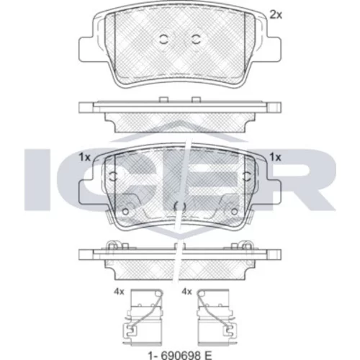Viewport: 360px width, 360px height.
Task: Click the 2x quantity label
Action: pyautogui.click(x=276, y=15)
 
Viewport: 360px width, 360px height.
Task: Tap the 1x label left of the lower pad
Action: pyautogui.click(x=85, y=158)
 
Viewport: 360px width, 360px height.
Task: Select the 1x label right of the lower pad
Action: pyautogui.click(x=275, y=158)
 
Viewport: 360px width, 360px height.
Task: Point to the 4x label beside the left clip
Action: pyautogui.click(x=119, y=292)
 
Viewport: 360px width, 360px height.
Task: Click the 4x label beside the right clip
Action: pyautogui.click(x=186, y=292)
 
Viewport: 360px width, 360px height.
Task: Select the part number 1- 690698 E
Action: pyautogui.click(x=180, y=355)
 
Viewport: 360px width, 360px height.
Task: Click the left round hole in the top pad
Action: pyautogui.click(x=163, y=39)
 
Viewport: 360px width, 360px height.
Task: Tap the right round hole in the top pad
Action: pyautogui.click(x=196, y=39)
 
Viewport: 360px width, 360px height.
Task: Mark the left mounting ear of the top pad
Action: pyautogui.click(x=86, y=49)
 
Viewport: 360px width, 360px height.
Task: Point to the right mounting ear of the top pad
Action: pyautogui.click(x=274, y=49)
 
